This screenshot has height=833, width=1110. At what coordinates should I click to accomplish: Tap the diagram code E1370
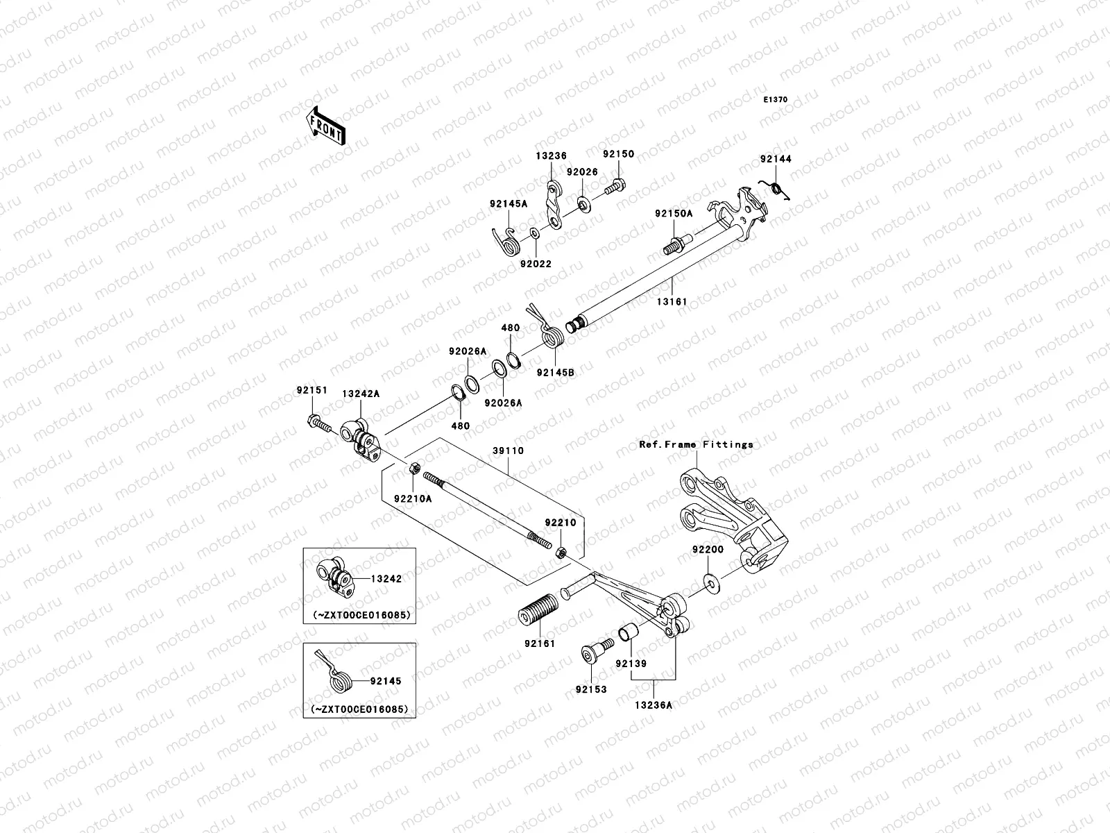(x=776, y=100)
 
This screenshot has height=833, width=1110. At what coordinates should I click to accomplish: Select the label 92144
(x=776, y=159)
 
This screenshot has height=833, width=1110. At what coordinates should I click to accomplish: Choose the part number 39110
(x=509, y=451)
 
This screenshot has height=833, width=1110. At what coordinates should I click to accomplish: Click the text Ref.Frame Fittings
(x=696, y=444)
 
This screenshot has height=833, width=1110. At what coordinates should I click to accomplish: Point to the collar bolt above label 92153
(x=593, y=653)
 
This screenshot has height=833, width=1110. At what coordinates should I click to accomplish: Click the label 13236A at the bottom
(x=653, y=705)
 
